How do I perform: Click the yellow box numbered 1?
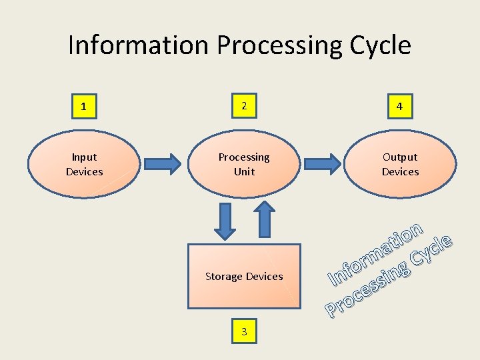(x=84, y=107)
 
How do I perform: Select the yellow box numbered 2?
(x=244, y=106)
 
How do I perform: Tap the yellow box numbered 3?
(x=244, y=331)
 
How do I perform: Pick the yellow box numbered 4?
(x=400, y=107)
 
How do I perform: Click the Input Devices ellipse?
(x=84, y=164)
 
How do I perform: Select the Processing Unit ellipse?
(x=244, y=164)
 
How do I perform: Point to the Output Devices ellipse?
(x=400, y=164)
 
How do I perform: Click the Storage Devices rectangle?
(x=244, y=276)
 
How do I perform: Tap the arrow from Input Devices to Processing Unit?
(x=163, y=163)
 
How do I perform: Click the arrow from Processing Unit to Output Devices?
(x=323, y=163)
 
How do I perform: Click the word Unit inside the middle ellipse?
(x=244, y=171)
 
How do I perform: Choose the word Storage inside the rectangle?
(x=224, y=276)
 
